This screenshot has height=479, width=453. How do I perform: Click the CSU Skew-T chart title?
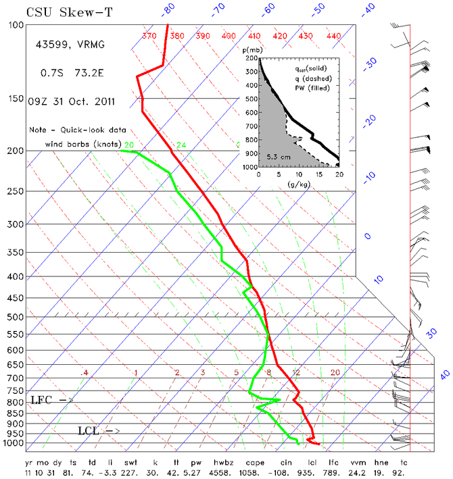tap(70, 13)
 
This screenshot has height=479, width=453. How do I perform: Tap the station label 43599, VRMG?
tap(70, 45)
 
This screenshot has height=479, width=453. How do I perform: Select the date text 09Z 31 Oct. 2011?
tap(71, 101)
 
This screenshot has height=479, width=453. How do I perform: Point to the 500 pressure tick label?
tap(15, 317)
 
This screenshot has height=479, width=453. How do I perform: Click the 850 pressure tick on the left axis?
tap(15, 413)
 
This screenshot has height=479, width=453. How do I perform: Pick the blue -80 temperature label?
tap(168, 9)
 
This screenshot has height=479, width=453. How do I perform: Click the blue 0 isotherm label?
tap(367, 236)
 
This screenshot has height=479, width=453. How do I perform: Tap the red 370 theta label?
tap(149, 36)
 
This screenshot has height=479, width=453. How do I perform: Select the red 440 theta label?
tap(333, 36)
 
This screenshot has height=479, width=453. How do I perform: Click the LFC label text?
tap(41, 400)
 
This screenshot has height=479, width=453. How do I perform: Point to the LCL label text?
tap(89, 431)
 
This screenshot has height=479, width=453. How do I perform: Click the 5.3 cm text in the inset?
tap(279, 157)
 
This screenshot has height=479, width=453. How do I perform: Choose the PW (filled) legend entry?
tap(312, 89)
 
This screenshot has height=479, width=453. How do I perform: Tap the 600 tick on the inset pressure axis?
tap(252, 113)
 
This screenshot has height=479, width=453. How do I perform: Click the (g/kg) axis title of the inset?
tap(299, 184)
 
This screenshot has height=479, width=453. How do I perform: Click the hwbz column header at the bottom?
tap(223, 463)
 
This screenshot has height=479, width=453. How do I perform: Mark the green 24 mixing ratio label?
tap(181, 145)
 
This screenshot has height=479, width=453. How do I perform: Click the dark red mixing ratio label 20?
tap(335, 372)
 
